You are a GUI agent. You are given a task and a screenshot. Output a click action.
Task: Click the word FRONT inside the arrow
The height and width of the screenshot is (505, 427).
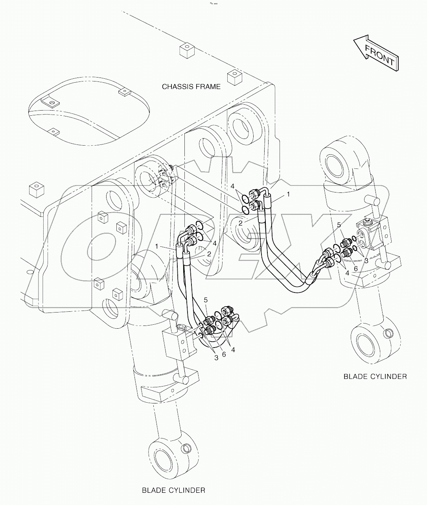379,55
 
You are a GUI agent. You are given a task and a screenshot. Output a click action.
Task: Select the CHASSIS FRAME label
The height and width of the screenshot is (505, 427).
191,87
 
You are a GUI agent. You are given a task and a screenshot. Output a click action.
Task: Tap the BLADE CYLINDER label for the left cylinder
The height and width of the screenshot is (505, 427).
173,490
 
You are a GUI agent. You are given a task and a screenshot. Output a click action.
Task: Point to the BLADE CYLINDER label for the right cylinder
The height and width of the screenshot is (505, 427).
375,376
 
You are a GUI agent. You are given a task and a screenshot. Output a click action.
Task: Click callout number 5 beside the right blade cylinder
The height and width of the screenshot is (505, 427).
339,225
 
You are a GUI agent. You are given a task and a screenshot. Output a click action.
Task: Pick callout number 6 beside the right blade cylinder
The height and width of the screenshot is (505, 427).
356,268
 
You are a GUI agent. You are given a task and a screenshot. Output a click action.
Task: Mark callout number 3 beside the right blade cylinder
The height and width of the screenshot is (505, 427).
366,261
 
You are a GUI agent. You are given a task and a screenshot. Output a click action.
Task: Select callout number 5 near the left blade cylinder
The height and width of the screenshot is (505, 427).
206,300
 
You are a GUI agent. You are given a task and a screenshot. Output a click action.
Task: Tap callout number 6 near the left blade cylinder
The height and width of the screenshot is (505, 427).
224,354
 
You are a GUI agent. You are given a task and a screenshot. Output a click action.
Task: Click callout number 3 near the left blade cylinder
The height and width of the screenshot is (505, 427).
216,357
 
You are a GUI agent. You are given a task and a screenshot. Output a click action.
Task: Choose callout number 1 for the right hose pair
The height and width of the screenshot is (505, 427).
288,194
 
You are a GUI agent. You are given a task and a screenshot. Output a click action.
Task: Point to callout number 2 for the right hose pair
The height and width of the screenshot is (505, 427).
240,223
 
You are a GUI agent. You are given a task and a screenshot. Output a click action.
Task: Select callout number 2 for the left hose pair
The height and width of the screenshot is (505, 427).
209,254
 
